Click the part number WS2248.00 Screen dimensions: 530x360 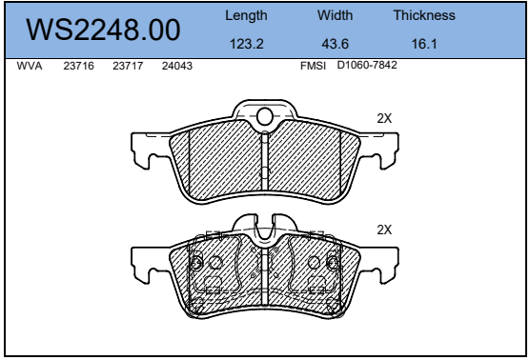click(x=103, y=30)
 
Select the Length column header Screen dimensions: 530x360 click(x=246, y=16)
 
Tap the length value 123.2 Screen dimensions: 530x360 click(x=246, y=44)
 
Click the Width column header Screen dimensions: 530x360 click(x=335, y=15)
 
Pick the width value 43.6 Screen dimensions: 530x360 click(x=335, y=44)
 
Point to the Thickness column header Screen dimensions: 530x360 click(x=424, y=15)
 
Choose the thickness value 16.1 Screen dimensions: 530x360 click(x=424, y=44)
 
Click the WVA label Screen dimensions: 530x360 click(x=30, y=66)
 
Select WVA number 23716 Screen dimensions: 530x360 click(x=78, y=66)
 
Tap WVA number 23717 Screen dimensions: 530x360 click(x=128, y=66)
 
